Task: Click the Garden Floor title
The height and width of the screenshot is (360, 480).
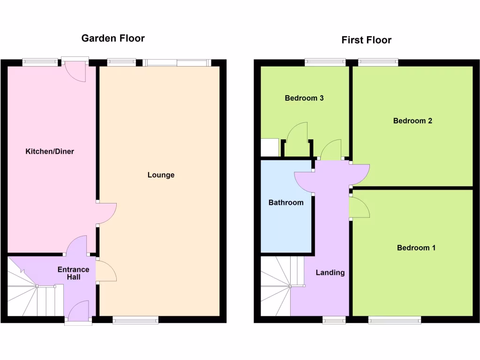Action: click(x=113, y=38)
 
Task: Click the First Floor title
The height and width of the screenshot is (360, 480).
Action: click(x=366, y=40)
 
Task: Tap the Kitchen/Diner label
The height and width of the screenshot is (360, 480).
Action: click(x=50, y=151)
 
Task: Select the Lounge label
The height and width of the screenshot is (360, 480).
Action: click(x=161, y=175)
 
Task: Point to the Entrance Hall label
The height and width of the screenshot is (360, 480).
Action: click(x=73, y=273)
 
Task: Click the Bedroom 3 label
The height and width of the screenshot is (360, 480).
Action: click(x=304, y=98)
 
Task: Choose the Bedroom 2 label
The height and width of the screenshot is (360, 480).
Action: click(x=412, y=121)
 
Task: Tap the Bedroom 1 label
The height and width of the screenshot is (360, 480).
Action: click(x=416, y=247)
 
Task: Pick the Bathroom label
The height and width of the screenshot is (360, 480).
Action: click(x=285, y=203)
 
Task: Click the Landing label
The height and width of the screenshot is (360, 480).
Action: click(x=330, y=272)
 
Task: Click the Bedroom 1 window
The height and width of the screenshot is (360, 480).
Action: click(x=394, y=320)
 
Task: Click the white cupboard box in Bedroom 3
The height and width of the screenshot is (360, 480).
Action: click(x=270, y=147)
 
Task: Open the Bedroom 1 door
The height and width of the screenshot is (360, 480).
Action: click(x=360, y=208)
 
